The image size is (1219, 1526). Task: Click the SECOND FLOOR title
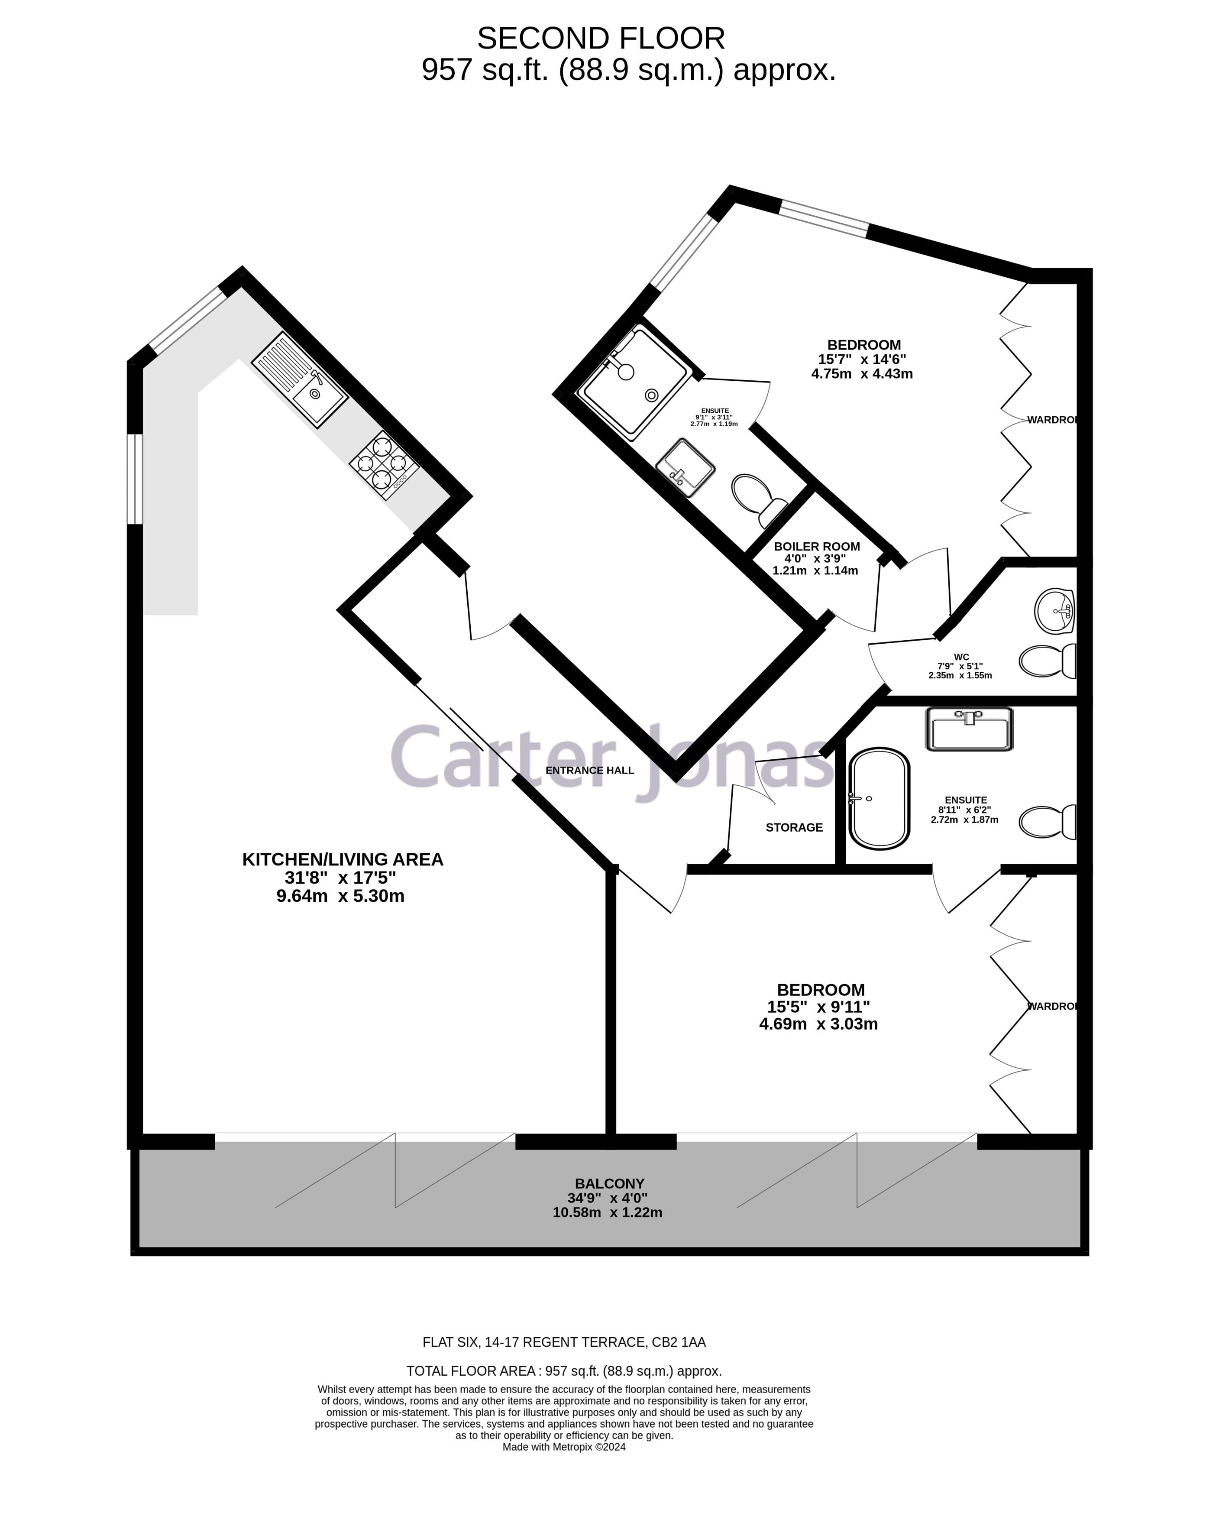[601, 38]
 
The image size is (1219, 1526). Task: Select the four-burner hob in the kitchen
[384, 465]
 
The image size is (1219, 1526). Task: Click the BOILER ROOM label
[816, 546]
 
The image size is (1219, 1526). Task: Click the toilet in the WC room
[1046, 661]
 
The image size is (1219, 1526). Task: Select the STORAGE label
[794, 827]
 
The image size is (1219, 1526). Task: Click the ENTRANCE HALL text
[589, 770]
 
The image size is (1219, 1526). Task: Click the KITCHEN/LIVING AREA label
[343, 859]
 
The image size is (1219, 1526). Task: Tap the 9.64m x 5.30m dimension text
[340, 897]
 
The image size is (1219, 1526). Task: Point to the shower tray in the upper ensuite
[632, 382]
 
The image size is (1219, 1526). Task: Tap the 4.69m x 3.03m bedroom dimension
[818, 1024]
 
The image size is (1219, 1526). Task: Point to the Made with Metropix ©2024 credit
[564, 1448]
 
